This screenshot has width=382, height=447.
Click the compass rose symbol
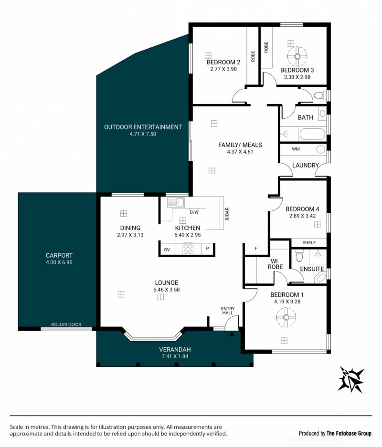[351, 380]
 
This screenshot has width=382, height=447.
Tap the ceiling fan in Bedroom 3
[297, 56]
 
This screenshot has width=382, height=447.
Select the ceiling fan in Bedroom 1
[286, 317]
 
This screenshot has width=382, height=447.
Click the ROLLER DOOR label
[66, 324]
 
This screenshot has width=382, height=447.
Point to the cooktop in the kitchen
[188, 249]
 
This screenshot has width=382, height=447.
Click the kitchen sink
[175, 202]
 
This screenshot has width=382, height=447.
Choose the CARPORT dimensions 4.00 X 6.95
[59, 262]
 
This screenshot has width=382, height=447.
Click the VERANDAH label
[175, 349]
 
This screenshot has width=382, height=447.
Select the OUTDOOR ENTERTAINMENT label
[143, 127]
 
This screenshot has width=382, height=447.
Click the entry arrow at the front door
[232, 333]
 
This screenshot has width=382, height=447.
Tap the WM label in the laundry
[296, 149]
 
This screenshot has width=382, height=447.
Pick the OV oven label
[167, 249]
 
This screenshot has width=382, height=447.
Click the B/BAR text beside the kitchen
[227, 214]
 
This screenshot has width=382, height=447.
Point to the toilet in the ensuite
[299, 256]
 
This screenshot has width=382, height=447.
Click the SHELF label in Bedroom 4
[309, 243]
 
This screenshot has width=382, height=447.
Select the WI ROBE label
[275, 264]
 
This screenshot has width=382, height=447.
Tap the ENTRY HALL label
[228, 311]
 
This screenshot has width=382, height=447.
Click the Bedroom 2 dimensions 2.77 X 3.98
[223, 69]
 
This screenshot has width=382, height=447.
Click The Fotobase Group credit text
[349, 433]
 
